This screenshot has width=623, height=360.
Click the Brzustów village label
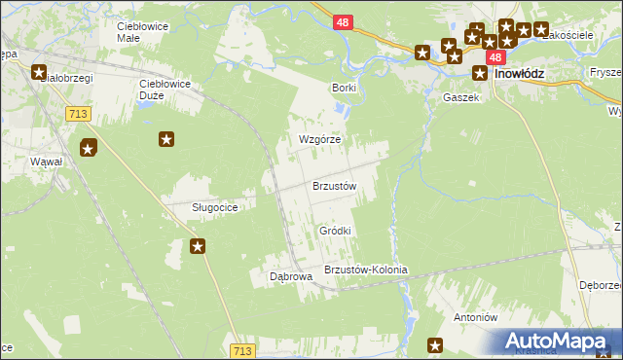pyautogui.click(x=335, y=185)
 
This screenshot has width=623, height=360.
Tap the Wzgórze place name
pyautogui.click(x=319, y=139)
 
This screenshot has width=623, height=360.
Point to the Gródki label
pyautogui.click(x=335, y=231)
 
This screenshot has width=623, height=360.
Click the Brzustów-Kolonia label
pyautogui.click(x=365, y=270)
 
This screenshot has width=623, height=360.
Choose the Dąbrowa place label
pyautogui.click(x=290, y=276)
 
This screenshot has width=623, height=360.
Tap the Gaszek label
pyautogui.click(x=461, y=98)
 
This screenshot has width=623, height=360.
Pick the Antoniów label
pyautogui.click(x=476, y=317)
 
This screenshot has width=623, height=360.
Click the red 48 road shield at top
pyautogui.click(x=342, y=20)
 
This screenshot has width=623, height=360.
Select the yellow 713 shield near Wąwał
pyautogui.click(x=80, y=114)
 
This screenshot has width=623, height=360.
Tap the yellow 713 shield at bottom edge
pyautogui.click(x=243, y=350)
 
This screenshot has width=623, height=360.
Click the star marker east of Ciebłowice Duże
pyautogui.click(x=166, y=140)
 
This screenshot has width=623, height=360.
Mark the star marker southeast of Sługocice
pyautogui.click(x=198, y=246)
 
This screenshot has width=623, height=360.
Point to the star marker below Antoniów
pyautogui.click(x=435, y=344)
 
